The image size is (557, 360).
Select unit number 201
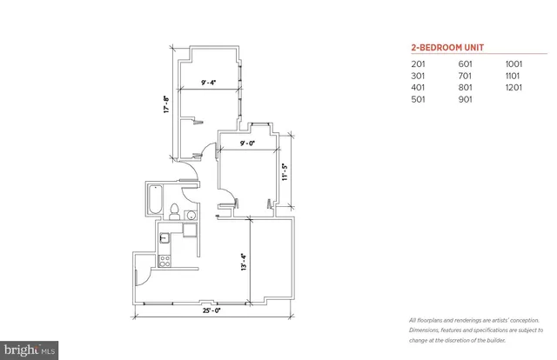click(x=420, y=63)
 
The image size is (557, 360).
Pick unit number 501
click(x=420, y=99)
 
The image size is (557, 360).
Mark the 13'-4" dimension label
click(x=243, y=261)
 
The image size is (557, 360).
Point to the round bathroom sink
click(x=192, y=214)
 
